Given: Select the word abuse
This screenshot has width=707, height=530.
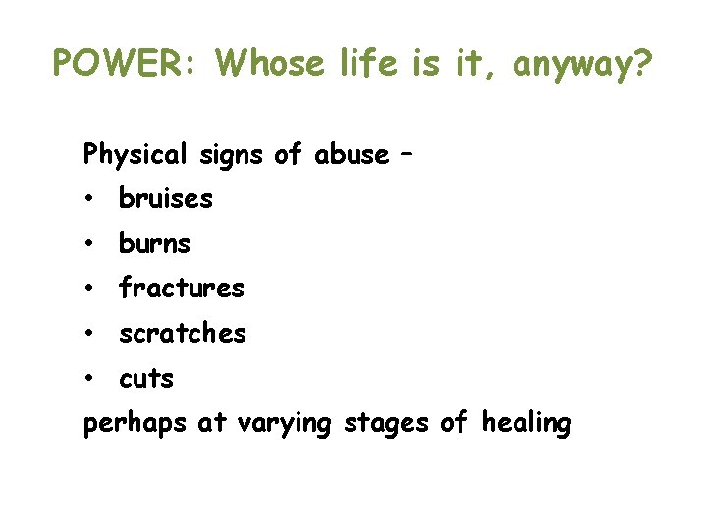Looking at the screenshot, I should [351, 154].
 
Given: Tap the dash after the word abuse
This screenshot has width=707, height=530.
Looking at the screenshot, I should [407, 155].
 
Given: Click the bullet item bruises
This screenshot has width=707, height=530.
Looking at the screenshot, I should [165, 199].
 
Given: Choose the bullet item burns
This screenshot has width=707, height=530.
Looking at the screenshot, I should [154, 243].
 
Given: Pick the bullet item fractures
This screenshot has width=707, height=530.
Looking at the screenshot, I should [181, 289].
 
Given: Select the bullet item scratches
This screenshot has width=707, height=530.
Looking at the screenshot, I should [183, 334].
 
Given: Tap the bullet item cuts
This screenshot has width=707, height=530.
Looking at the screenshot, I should [146, 379].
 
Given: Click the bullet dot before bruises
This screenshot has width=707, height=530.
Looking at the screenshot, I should [88, 199].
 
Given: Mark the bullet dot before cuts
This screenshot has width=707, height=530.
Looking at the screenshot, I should [88, 379].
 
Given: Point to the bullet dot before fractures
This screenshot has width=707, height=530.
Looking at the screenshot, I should [88, 289].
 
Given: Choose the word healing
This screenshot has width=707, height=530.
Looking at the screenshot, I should [526, 424].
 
